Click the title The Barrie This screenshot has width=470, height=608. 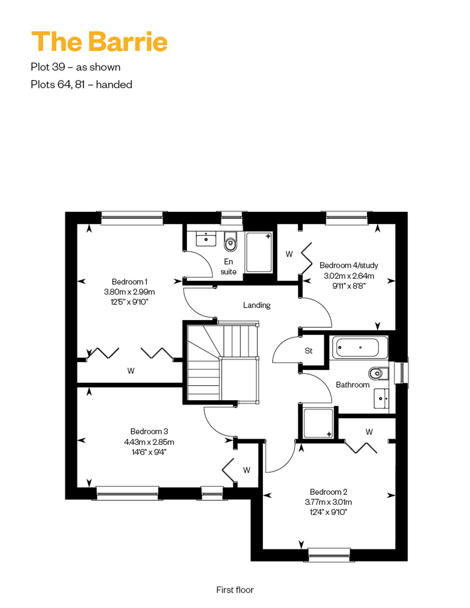click(100, 41)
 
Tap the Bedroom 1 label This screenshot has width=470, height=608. click(129, 282)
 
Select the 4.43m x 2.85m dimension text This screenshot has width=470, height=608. click(149, 442)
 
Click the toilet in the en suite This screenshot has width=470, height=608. click(231, 241)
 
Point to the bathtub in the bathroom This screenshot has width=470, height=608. click(360, 347)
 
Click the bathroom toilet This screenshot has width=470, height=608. click(379, 373)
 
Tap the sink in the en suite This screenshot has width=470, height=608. click(206, 239)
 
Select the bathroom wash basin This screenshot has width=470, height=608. click(381, 399)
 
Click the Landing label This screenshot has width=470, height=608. click(257, 305)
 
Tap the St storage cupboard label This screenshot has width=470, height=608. click(309, 351)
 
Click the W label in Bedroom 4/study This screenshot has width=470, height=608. click(289, 254)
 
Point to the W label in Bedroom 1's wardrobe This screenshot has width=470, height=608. click(131, 371)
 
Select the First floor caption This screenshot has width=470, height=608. click(235, 590)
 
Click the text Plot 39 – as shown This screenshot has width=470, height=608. click(76, 67)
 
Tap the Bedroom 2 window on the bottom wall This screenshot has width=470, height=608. click(329, 555)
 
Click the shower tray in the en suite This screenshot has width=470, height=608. click(259, 252)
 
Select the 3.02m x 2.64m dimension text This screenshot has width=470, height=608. click(349, 276)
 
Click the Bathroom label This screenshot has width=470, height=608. click(352, 385)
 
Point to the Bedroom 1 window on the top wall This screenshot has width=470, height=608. click(132, 218)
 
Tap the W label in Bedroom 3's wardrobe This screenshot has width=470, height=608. click(247, 470)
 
